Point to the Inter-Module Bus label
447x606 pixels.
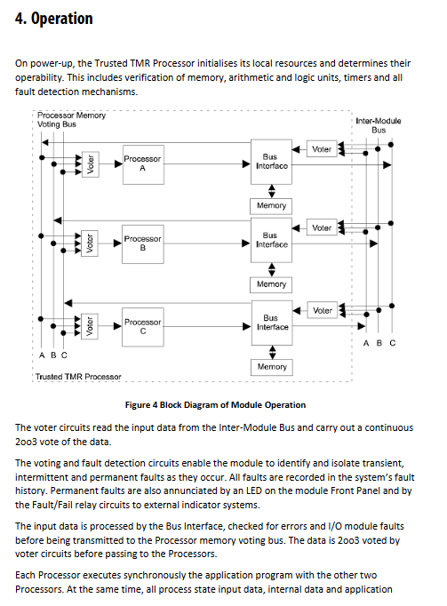tap(379, 125)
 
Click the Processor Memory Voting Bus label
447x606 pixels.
tap(71, 120)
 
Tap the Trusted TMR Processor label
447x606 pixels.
tap(78, 377)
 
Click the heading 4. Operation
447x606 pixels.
tap(54, 19)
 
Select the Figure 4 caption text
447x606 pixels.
tap(215, 405)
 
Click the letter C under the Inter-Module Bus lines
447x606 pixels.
tap(393, 343)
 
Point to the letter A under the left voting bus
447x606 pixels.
tap(42, 355)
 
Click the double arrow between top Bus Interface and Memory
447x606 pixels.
tap(272, 191)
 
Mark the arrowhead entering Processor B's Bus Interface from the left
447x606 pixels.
tap(246, 243)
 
